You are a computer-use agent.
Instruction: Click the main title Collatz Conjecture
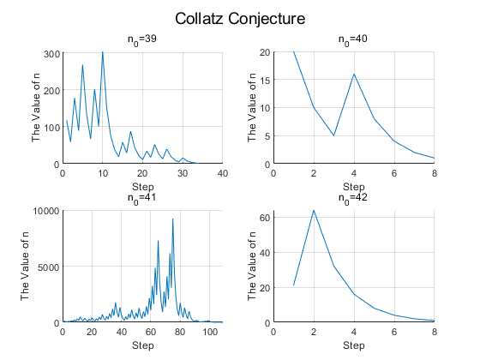point(240,19)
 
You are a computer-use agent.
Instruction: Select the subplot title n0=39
point(142,39)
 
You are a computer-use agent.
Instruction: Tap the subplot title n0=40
point(353,39)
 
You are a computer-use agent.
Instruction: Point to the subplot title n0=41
point(142,198)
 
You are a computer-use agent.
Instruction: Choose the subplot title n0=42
point(353,198)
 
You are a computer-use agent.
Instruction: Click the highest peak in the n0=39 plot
point(103,52)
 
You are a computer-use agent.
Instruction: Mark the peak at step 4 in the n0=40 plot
point(354,74)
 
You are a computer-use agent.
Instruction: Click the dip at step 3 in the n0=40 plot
point(334,135)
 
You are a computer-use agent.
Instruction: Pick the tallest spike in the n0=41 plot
point(172,219)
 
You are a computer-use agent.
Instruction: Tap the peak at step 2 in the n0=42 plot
point(314,210)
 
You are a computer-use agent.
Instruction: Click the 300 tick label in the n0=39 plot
point(51,54)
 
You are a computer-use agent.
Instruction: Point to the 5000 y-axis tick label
point(48,267)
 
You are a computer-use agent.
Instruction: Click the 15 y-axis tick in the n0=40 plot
point(265,80)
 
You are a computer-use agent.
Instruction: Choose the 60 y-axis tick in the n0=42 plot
point(265,218)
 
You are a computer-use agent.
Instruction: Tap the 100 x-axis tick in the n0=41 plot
point(210,332)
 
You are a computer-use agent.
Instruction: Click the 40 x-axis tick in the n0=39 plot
point(223,173)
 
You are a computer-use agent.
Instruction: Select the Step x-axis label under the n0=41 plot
point(143,345)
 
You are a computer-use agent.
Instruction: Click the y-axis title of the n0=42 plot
point(252,266)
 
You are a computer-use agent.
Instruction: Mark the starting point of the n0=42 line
point(293,285)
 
